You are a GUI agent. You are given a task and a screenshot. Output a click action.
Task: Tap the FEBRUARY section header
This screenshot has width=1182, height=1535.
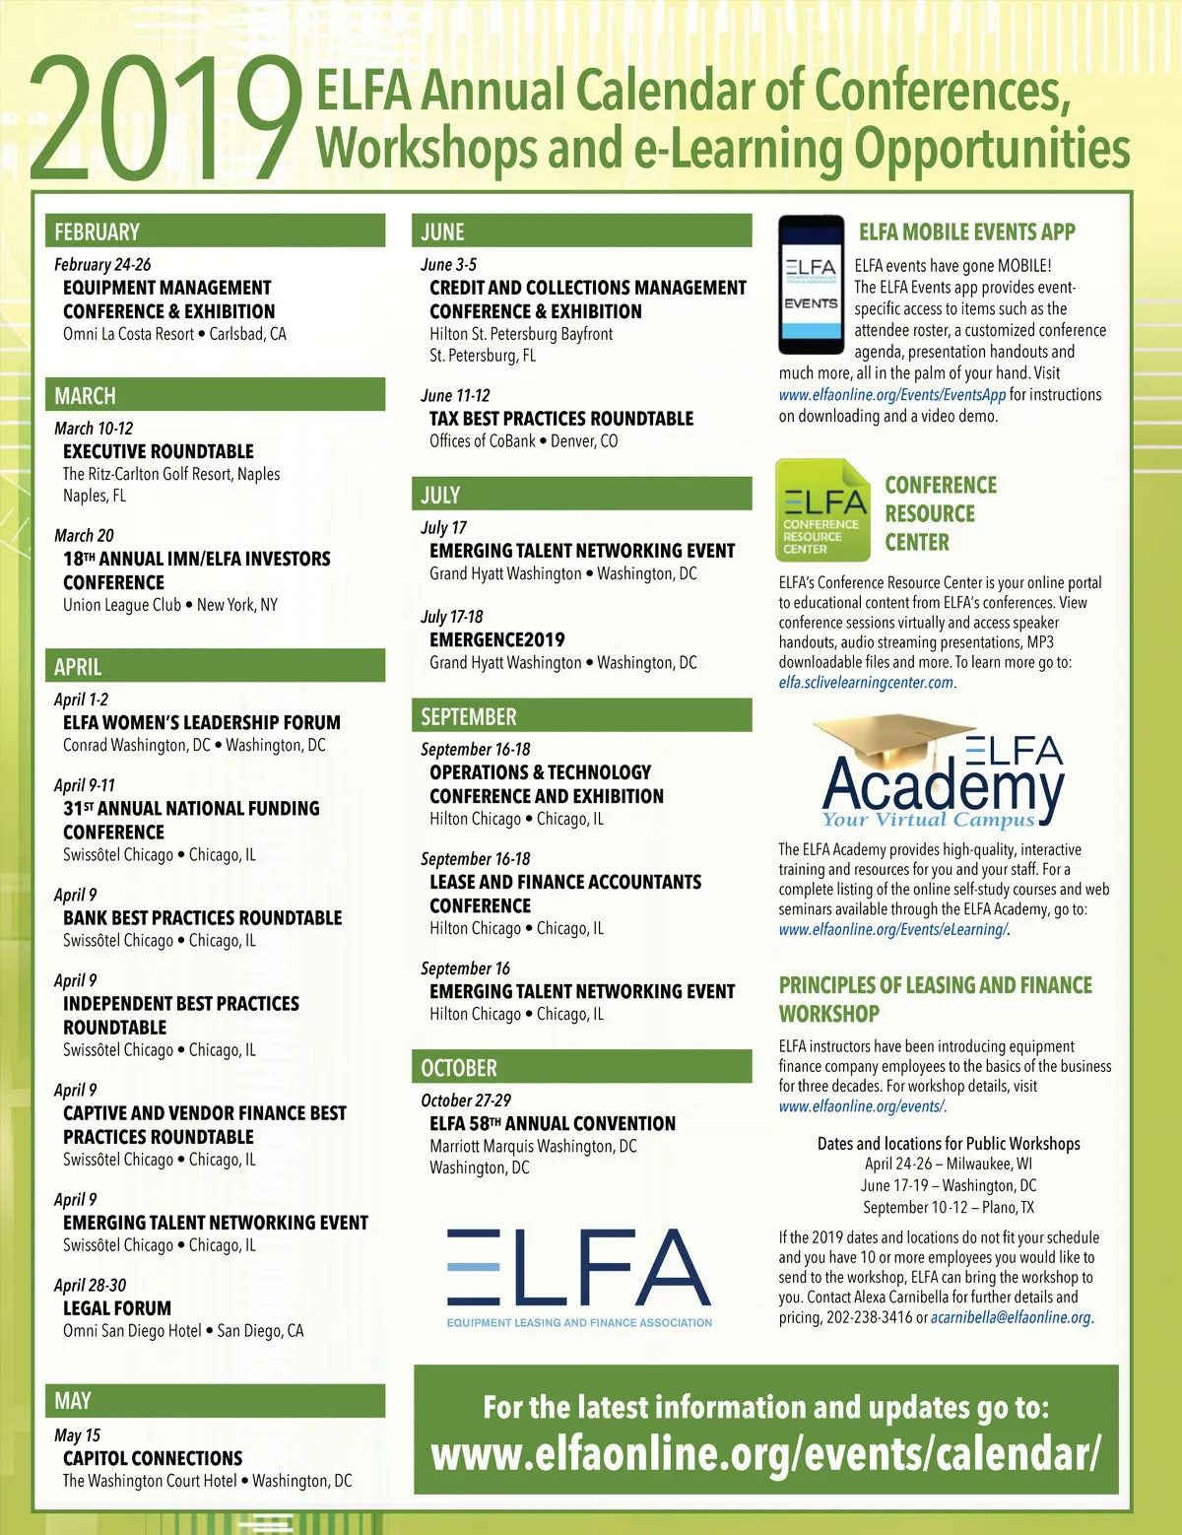97,233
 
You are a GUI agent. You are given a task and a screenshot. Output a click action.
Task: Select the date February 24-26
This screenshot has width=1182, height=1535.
102,265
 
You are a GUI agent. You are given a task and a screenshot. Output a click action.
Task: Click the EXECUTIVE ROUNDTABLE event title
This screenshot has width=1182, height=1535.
159,451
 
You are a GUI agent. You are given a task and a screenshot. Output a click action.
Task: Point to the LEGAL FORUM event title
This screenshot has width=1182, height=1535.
117,1308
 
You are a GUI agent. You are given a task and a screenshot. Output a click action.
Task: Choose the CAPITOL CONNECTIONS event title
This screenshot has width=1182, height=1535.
153,1458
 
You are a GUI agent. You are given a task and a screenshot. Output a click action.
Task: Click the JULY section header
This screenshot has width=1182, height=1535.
440,495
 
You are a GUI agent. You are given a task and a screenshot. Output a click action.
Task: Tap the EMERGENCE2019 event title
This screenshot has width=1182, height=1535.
497,639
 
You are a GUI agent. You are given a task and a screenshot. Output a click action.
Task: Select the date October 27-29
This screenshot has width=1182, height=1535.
466,1101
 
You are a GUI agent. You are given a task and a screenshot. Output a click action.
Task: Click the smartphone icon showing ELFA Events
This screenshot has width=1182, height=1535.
812,285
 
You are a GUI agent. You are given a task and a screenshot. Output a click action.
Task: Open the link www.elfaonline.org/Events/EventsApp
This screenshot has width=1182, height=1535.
892,395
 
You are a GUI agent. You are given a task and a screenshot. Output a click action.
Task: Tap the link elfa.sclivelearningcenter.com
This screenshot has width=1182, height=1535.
866,683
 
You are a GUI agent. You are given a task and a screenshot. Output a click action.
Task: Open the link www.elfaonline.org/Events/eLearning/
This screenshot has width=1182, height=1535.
892,930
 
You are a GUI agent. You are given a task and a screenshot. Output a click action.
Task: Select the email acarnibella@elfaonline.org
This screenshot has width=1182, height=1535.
1011,1318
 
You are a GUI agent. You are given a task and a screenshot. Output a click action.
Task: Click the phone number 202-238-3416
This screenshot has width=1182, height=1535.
870,1318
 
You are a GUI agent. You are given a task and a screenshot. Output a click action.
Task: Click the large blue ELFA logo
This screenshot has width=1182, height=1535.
579,1267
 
